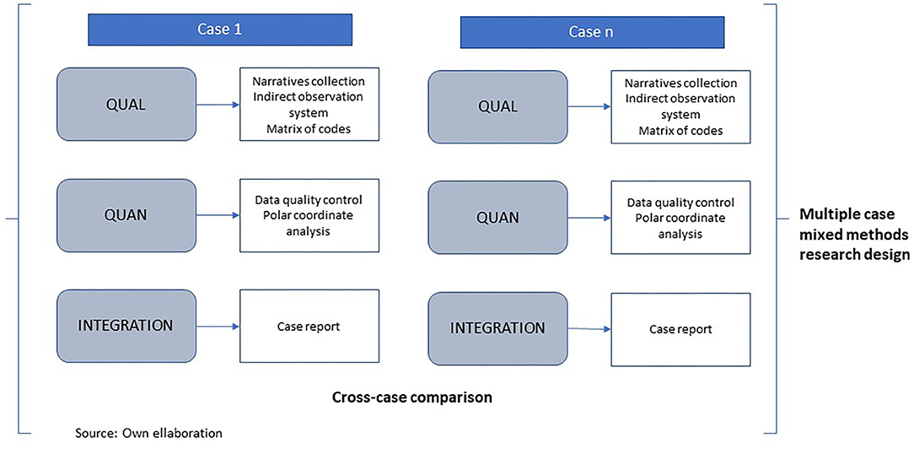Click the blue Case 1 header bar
(220, 30)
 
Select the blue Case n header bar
(593, 32)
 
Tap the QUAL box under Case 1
(126, 105)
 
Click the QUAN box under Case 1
(126, 215)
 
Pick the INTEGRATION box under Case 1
(126, 326)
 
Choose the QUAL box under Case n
(497, 106)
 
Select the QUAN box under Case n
(497, 218)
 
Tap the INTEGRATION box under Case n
(497, 329)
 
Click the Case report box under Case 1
(309, 327)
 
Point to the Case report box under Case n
(680, 329)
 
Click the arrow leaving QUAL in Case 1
(218, 105)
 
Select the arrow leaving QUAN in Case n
(589, 218)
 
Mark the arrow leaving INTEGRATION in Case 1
(218, 327)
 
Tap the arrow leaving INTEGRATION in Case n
(589, 329)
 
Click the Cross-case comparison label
(412, 398)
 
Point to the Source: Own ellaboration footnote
(148, 433)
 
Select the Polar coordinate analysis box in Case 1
(309, 215)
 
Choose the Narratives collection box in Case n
(680, 107)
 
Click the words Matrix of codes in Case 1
(309, 129)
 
